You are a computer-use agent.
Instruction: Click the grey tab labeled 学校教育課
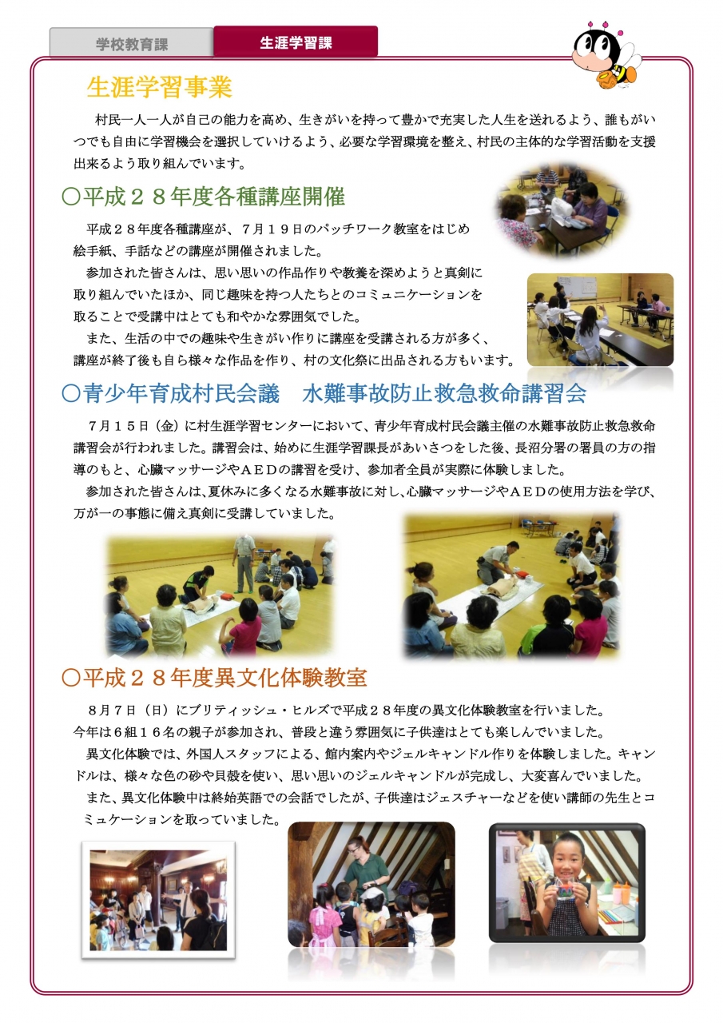point(132,43)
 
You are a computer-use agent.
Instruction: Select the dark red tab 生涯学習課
point(296,42)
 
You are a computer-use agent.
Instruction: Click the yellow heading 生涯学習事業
point(160,87)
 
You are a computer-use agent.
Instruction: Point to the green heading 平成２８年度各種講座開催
point(204,197)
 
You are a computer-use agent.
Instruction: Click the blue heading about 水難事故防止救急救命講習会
point(324,393)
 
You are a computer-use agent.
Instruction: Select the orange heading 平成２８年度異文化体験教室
point(215,678)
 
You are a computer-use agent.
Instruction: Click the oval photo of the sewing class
point(562,210)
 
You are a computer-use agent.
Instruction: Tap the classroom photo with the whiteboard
point(600,320)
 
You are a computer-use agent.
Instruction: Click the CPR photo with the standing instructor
point(220,596)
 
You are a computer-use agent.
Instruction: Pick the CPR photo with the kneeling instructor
point(511,586)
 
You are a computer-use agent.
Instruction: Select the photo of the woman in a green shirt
point(371,885)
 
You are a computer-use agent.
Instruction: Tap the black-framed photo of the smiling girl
point(567,883)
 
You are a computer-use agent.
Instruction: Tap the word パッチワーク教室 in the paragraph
point(367,229)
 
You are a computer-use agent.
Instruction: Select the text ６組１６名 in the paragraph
point(141,732)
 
